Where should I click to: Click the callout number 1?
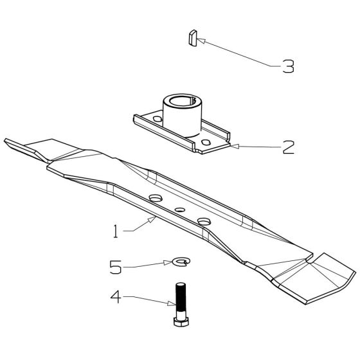[116, 231]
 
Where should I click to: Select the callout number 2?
[288, 147]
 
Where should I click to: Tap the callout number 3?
[288, 66]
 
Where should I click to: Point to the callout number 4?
[116, 297]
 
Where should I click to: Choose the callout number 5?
[116, 267]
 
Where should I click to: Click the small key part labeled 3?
[193, 38]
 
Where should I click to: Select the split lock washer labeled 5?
[181, 262]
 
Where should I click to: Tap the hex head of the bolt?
[181, 321]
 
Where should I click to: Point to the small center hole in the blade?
[180, 210]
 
